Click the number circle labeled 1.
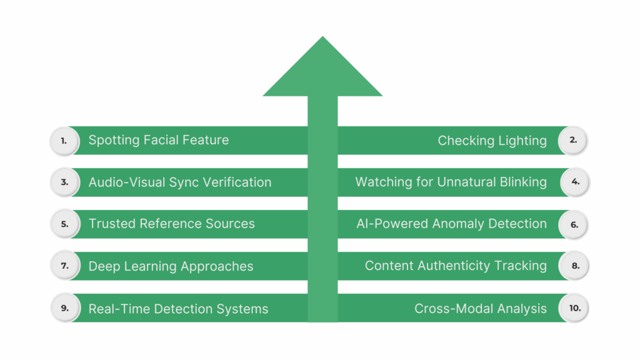(64, 141)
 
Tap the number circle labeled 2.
(573, 141)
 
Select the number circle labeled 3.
(64, 182)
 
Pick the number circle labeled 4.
(573, 182)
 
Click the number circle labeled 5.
(64, 224)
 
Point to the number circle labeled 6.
(573, 224)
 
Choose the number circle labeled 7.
(64, 266)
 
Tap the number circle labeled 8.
(573, 266)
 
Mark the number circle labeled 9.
(64, 307)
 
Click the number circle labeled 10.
(573, 307)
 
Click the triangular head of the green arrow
(322, 72)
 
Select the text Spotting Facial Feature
(159, 140)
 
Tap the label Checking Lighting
(492, 141)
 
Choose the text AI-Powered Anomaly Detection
(451, 224)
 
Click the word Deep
(104, 266)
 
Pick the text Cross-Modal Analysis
(480, 308)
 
